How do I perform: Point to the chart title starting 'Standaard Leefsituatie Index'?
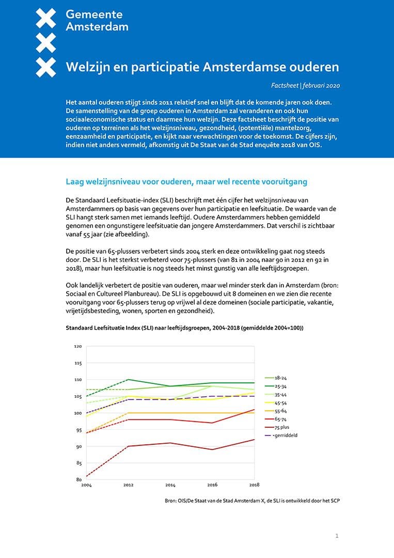[184, 328]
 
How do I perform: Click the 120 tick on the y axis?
[78, 346]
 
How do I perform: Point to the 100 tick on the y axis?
[78, 413]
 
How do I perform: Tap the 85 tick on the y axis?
[78, 463]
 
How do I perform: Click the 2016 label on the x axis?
[212, 485]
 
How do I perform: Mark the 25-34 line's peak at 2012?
[128, 380]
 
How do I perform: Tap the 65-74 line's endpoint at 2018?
[254, 410]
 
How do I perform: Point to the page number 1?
[337, 536]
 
